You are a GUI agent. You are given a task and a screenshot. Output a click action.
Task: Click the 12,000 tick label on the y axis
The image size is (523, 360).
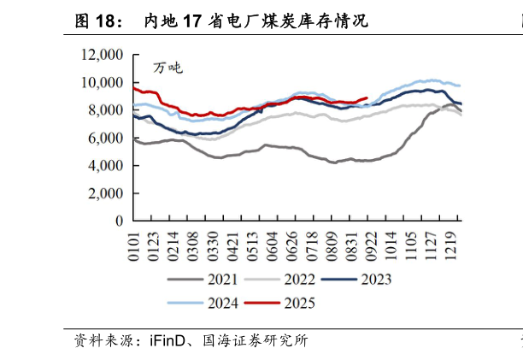(103, 56)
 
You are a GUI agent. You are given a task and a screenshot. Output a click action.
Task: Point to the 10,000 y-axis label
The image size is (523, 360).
(103, 83)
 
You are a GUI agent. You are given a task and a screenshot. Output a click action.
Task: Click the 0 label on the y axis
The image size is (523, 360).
(120, 221)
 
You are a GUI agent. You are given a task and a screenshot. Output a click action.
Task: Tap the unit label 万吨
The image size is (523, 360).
(167, 68)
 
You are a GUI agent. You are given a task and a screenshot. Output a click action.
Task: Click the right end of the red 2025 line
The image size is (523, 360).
(367, 98)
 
